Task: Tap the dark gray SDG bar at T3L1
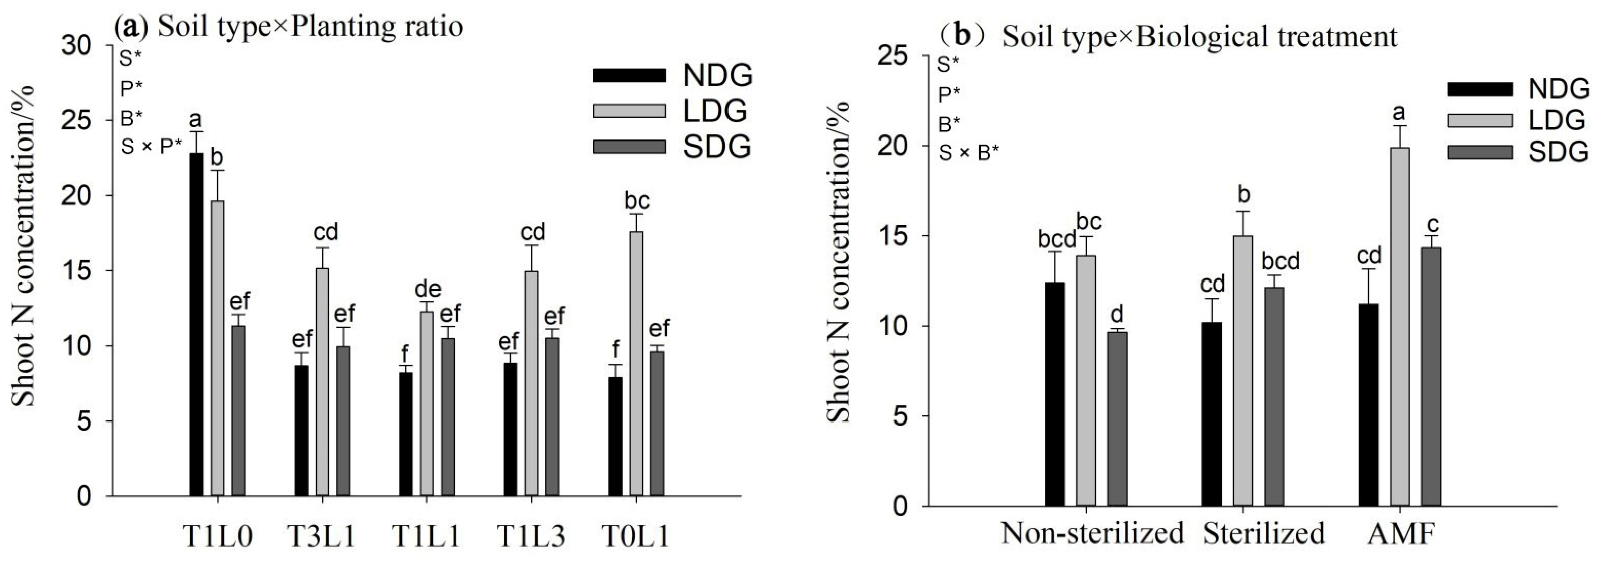[343, 421]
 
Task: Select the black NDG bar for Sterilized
[1211, 413]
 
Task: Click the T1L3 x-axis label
[530, 536]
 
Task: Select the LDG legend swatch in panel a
[629, 111]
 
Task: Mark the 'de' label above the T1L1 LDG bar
[427, 289]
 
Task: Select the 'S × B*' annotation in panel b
[969, 153]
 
